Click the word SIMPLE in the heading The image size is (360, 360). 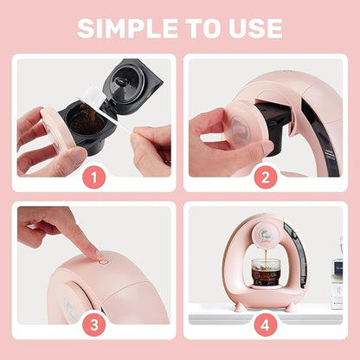128,28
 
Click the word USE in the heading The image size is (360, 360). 254,28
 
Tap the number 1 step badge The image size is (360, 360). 94,177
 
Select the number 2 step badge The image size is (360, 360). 266,177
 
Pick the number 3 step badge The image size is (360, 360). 94,325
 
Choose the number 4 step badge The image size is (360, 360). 266,325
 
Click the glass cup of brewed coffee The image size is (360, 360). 266,272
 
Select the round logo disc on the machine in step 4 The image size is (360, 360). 266,236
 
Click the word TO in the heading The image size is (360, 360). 202,28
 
